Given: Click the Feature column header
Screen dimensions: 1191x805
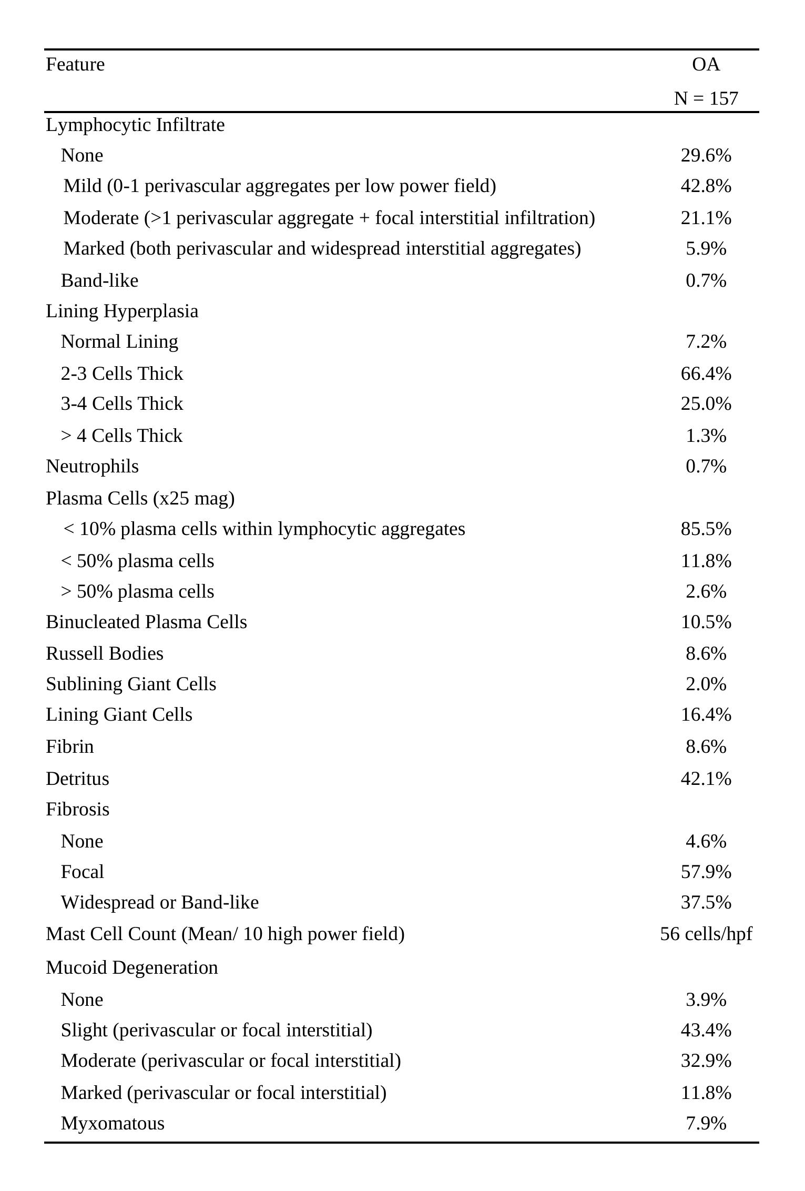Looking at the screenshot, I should (75, 64).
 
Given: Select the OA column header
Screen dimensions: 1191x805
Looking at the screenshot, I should (706, 64).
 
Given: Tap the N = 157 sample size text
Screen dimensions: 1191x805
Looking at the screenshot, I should (706, 98).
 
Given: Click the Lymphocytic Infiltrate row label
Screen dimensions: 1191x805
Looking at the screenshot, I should (135, 125).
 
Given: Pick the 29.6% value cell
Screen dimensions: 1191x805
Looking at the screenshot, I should (706, 156).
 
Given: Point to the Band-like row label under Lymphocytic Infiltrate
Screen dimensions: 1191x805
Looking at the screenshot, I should (99, 280).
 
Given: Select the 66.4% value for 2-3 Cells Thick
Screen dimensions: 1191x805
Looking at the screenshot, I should (706, 374).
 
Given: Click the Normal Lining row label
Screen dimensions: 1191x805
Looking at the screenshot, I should (119, 342).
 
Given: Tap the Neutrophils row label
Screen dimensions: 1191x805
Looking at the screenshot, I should (92, 467).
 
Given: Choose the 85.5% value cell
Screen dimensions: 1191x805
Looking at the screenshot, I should (706, 529).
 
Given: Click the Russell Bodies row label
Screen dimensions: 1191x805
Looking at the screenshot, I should (105, 653).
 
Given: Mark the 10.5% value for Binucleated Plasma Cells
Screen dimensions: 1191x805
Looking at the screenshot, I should (706, 622).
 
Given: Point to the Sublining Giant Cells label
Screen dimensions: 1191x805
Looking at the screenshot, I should (131, 684).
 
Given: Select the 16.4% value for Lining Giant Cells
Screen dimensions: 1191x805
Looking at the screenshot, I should (706, 715).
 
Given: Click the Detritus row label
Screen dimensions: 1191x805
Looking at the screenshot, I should (77, 779).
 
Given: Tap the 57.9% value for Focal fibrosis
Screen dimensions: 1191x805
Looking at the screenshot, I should (706, 872).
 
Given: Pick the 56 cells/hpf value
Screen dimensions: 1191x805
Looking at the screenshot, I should (706, 934).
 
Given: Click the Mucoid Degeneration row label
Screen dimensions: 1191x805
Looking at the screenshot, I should (131, 967).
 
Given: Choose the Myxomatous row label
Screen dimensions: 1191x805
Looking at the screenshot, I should (113, 1123).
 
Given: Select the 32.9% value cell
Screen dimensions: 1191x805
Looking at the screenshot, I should (706, 1061).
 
